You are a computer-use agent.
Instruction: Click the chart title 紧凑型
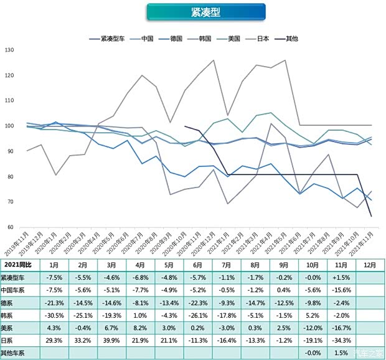coord(205,12)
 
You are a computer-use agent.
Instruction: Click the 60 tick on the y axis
coord(9,227)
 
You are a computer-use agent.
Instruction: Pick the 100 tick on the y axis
coord(8,126)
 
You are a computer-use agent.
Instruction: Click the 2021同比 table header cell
coord(21,265)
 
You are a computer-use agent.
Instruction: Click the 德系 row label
coord(9,303)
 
